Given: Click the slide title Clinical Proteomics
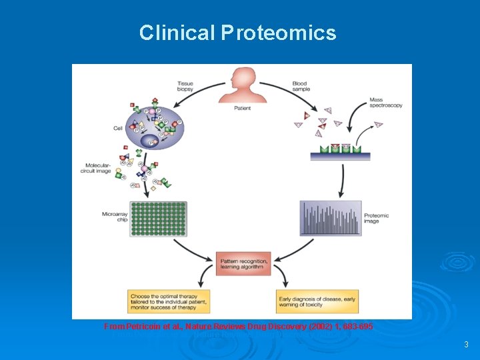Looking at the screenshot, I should point(238,33).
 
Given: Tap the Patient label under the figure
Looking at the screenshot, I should point(243,109).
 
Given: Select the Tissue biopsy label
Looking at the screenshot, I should point(185,86).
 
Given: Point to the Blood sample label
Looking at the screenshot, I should point(300,86).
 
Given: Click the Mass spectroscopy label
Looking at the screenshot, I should point(385,103).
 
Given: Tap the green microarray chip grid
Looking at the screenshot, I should point(158,219).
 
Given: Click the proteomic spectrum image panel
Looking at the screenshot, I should point(331,218).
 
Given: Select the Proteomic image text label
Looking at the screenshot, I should point(376,218).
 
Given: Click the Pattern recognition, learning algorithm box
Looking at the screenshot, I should point(243,264).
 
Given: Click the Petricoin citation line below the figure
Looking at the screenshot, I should point(239,327).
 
